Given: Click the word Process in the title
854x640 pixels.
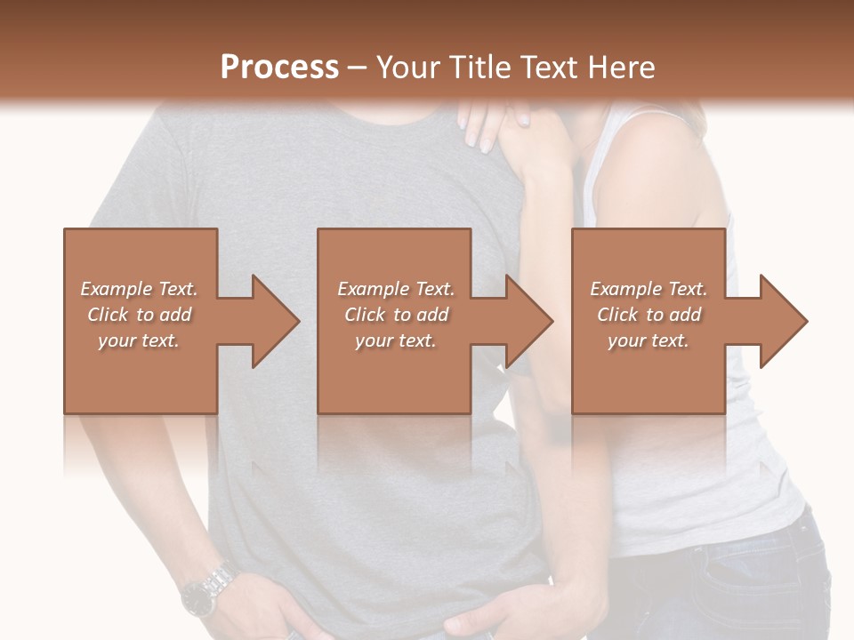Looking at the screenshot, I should click(x=279, y=68).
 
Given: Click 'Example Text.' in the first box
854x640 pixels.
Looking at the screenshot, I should click(x=139, y=289).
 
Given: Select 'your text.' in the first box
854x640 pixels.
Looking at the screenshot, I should click(x=139, y=340).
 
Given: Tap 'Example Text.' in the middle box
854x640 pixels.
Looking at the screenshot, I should click(x=396, y=289).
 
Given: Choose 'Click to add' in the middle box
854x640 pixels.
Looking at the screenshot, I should click(x=396, y=315).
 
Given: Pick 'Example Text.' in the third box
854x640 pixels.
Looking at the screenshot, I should click(x=649, y=289).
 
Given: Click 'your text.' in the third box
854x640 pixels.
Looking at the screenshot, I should click(x=649, y=340).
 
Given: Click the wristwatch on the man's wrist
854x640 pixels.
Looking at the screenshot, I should click(x=206, y=590).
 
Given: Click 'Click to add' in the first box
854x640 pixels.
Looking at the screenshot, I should click(x=139, y=315).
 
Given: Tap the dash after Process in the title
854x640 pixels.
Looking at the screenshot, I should click(x=358, y=68).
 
